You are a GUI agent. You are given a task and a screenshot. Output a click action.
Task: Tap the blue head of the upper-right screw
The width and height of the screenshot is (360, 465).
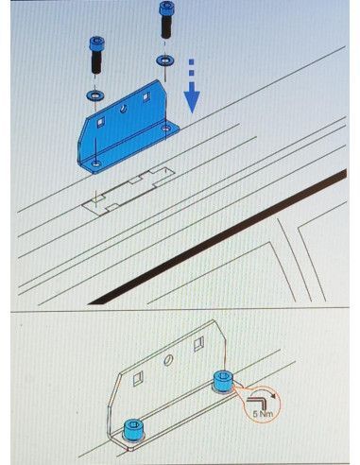(166, 8)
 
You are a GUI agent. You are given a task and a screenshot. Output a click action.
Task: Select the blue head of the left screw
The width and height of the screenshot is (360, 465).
(96, 43)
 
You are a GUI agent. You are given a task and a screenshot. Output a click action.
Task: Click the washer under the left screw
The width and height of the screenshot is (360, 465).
(94, 95)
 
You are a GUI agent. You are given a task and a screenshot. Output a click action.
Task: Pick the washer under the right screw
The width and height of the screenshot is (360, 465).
(165, 60)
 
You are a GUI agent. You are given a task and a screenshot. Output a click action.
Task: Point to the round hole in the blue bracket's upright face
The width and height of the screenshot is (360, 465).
(123, 109)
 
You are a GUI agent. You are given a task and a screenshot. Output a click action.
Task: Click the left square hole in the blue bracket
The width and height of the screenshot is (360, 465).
(100, 122)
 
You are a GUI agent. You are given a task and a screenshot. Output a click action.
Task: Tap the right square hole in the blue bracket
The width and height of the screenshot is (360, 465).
(146, 96)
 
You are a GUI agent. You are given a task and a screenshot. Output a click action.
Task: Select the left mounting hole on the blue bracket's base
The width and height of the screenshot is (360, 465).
(95, 164)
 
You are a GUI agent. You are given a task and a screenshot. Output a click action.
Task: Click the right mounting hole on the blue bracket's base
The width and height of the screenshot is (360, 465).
(166, 129)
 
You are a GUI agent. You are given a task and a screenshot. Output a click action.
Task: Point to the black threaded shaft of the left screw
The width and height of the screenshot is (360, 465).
(96, 61)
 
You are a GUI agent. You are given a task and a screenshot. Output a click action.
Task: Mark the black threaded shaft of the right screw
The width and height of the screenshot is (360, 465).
(166, 26)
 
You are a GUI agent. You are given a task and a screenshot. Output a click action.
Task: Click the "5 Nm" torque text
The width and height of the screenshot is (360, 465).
(263, 413)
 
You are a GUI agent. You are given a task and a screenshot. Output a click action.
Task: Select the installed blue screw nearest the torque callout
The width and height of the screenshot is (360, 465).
(223, 382)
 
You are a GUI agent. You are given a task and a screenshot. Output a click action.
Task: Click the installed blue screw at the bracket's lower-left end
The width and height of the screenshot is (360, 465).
(134, 429)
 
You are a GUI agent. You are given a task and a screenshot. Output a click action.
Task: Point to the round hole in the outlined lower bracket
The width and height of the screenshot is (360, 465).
(168, 361)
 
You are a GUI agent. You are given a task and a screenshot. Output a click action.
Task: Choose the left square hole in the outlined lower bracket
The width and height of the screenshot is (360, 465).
(138, 378)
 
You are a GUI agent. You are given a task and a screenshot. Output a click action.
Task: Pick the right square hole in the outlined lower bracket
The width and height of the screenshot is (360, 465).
(198, 344)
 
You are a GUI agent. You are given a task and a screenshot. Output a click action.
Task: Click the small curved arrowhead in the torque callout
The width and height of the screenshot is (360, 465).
(275, 396)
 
